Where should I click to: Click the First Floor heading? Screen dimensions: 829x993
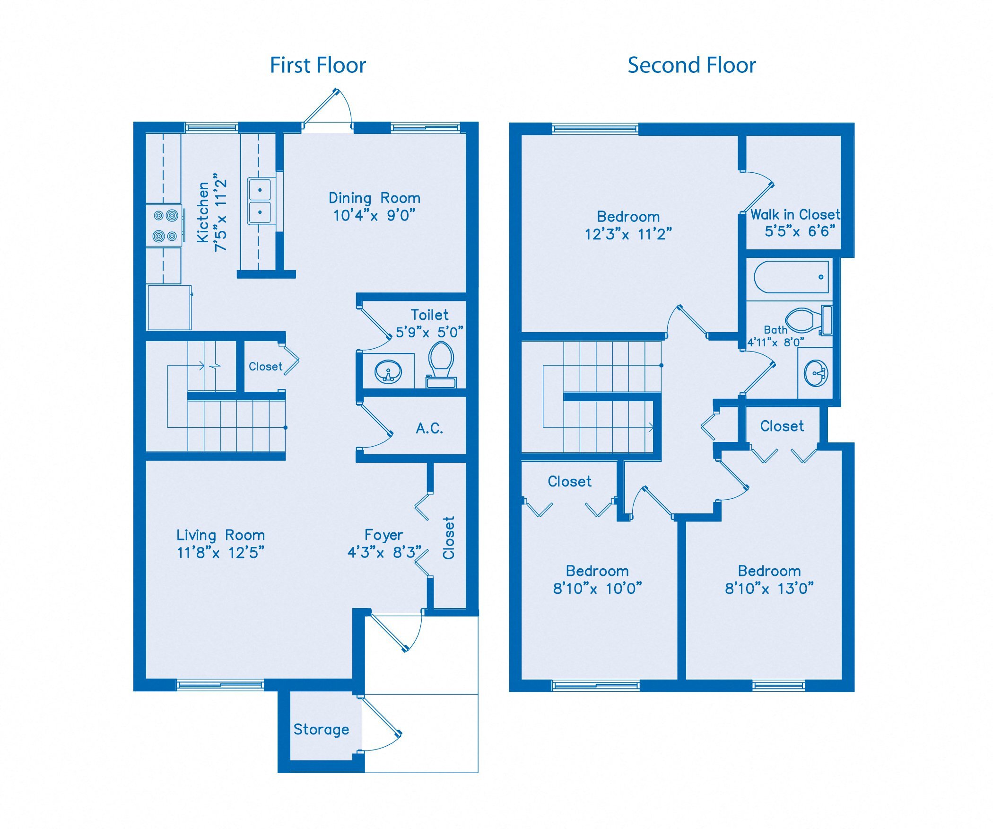pyautogui.click(x=318, y=65)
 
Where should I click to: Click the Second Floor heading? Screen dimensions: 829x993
pyautogui.click(x=691, y=65)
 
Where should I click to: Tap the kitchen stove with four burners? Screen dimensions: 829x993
pyautogui.click(x=165, y=225)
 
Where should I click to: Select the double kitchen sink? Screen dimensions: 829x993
pyautogui.click(x=260, y=201)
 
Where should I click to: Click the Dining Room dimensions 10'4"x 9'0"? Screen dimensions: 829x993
pyautogui.click(x=374, y=216)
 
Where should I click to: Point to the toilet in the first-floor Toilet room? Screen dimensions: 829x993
pyautogui.click(x=441, y=362)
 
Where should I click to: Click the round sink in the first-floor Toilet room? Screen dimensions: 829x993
pyautogui.click(x=388, y=371)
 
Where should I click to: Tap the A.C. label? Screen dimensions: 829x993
pyautogui.click(x=429, y=428)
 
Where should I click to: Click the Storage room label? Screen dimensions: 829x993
pyautogui.click(x=321, y=729)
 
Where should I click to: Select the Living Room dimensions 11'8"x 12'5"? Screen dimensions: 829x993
pyautogui.click(x=220, y=553)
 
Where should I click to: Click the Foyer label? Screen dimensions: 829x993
pyautogui.click(x=383, y=535)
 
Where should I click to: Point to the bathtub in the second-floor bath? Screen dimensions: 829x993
pyautogui.click(x=791, y=277)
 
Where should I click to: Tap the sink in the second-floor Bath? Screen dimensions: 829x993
pyautogui.click(x=816, y=373)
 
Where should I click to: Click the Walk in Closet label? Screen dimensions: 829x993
pyautogui.click(x=795, y=215)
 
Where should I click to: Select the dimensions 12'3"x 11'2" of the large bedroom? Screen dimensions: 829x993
pyautogui.click(x=628, y=234)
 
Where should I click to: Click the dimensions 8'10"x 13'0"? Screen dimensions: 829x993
pyautogui.click(x=769, y=589)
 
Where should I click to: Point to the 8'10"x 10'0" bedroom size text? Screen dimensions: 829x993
pyautogui.click(x=597, y=589)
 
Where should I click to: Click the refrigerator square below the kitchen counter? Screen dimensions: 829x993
pyautogui.click(x=169, y=308)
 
